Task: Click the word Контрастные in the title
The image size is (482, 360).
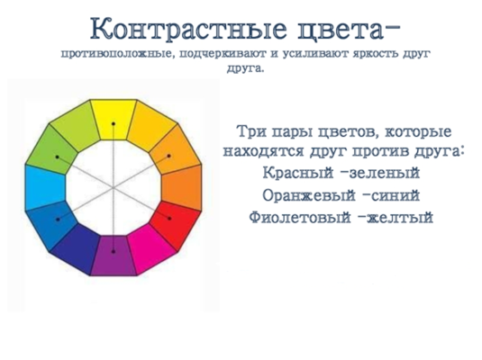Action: click(188, 29)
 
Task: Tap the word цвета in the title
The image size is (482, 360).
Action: click(341, 30)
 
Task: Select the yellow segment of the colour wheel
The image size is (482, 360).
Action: click(114, 119)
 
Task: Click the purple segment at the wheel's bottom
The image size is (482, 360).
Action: click(114, 256)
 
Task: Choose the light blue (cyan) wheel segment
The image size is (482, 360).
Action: click(44, 187)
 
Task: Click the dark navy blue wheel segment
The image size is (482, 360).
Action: click(77, 248)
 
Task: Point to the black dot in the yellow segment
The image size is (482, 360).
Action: click(114, 124)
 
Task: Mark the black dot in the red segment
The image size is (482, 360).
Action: click(169, 219)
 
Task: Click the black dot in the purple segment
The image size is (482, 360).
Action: click(114, 252)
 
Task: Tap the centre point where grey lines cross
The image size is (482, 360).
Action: click(114, 187)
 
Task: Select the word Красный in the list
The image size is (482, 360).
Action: click(298, 173)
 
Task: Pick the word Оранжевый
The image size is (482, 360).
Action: click(309, 195)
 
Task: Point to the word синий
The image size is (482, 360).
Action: click(396, 195)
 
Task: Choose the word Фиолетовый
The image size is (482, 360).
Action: click(300, 217)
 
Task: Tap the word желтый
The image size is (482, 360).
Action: click(400, 217)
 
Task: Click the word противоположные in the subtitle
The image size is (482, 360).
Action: click(117, 54)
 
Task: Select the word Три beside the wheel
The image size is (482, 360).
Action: click(251, 132)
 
